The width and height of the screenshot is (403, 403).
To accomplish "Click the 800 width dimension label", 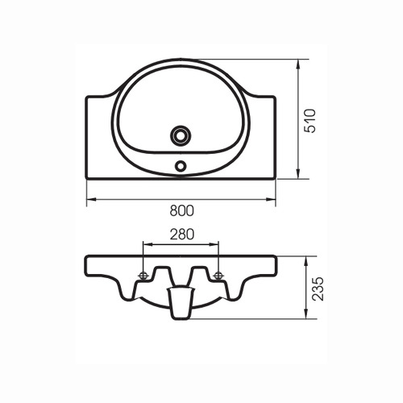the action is (181, 210).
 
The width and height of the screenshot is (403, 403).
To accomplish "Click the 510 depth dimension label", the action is (310, 121).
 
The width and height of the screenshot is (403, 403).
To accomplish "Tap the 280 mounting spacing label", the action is (181, 235).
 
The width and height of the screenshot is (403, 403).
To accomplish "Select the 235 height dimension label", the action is (318, 289).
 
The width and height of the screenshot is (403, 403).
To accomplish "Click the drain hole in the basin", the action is (181, 135).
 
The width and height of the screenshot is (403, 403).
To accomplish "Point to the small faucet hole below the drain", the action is (181, 165).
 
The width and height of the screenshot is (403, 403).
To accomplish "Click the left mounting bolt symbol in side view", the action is (143, 275).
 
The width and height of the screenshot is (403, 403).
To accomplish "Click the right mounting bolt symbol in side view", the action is (218, 275).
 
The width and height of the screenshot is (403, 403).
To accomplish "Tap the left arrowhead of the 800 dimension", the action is (91, 199).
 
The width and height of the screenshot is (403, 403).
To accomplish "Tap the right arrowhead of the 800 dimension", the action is (271, 199).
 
